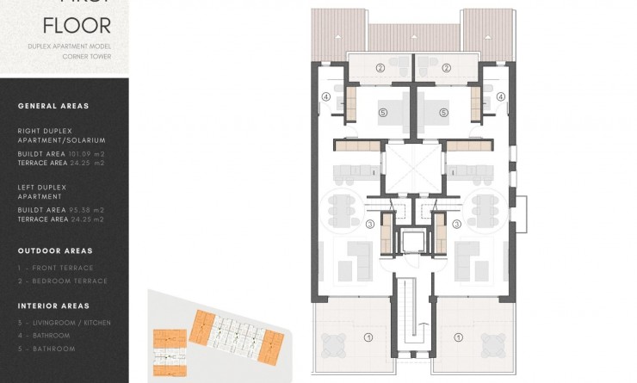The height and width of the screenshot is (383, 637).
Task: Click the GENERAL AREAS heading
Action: click(x=53, y=106)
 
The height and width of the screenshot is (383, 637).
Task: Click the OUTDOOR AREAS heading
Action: click(x=54, y=250)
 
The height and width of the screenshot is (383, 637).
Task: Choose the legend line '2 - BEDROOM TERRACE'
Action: click(x=62, y=281)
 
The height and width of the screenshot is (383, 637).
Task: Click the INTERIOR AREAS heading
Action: click(x=53, y=306)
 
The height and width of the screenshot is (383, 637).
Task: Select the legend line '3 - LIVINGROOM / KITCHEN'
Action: click(x=64, y=323)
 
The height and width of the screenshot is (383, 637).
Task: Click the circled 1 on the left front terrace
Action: click(x=369, y=337)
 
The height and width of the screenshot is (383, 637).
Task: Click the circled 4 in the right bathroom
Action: click(x=500, y=97)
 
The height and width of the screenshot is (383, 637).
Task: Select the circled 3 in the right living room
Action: click(x=457, y=225)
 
